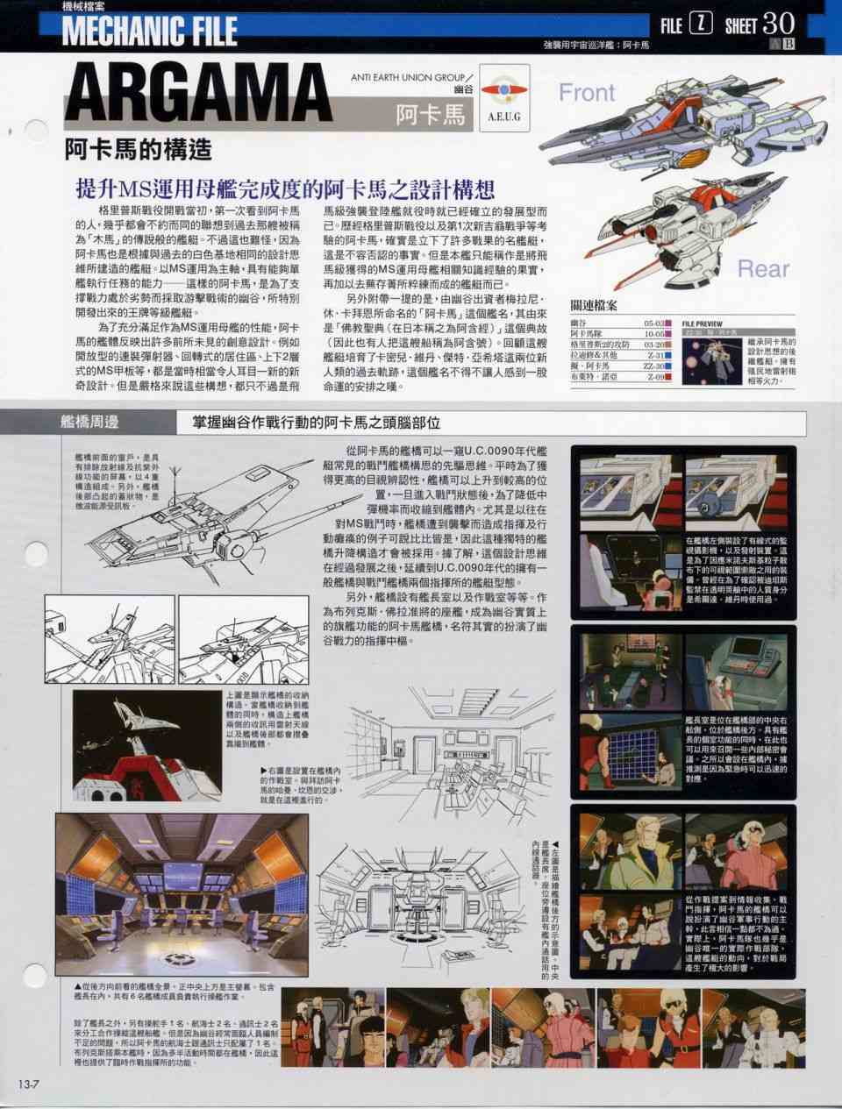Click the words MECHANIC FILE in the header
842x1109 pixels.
tap(149, 31)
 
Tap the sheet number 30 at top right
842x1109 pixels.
tap(778, 24)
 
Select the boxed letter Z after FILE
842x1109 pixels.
tap(699, 25)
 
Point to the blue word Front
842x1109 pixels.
tap(587, 91)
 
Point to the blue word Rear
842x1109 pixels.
tap(762, 268)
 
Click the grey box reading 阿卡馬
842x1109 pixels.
tap(430, 114)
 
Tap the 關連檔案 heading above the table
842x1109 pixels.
tap(594, 306)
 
